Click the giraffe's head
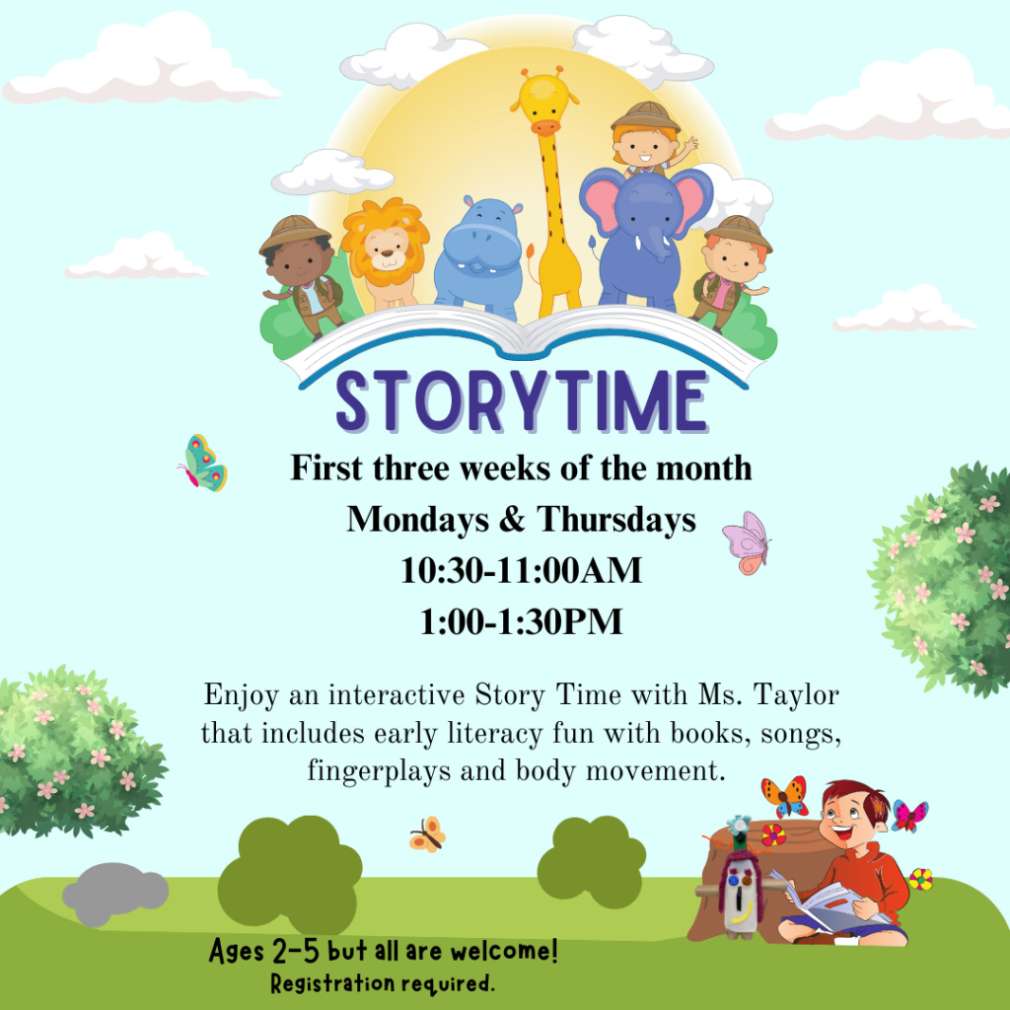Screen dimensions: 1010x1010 (543, 102)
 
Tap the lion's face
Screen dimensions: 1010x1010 (386, 247)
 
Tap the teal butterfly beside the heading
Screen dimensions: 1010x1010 (203, 464)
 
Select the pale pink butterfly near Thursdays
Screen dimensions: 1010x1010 (747, 541)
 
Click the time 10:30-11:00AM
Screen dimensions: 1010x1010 (521, 571)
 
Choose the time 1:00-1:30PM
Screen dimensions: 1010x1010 (521, 622)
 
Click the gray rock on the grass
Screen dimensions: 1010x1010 (114, 892)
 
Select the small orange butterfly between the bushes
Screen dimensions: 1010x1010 (427, 834)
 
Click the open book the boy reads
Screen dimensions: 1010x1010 (827, 902)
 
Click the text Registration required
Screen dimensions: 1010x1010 (383, 983)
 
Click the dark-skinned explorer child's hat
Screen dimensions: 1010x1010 (295, 232)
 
